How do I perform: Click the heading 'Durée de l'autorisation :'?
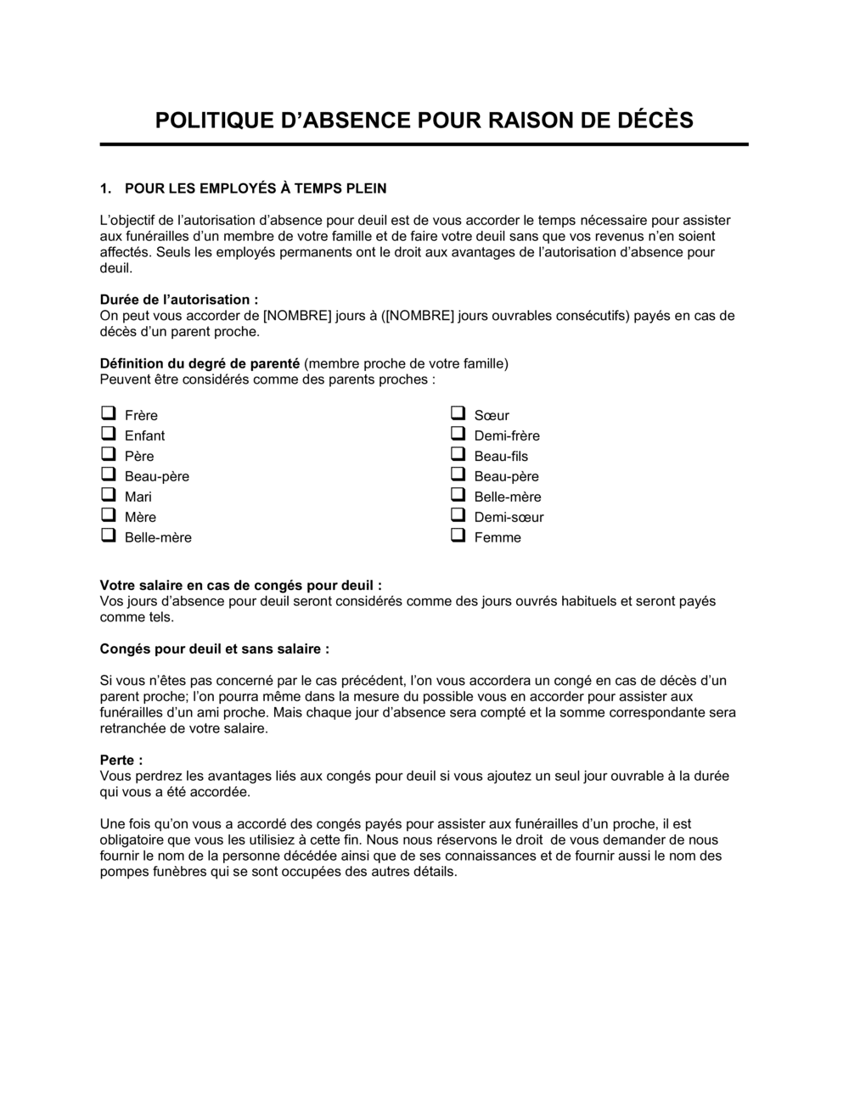tap(179, 300)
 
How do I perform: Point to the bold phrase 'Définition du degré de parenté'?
tap(200, 363)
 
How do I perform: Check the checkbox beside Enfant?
tap(108, 434)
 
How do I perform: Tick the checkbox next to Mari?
tap(108, 495)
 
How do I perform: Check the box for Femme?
tap(458, 536)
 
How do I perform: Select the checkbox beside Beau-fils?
tap(458, 454)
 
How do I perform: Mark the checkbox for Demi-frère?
tap(458, 434)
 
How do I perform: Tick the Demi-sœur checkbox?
tap(458, 515)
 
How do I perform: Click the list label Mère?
tap(140, 517)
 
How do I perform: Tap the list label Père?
tap(139, 456)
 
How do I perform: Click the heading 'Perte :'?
tap(121, 760)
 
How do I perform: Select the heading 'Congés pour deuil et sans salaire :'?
tap(214, 649)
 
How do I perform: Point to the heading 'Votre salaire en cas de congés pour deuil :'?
tap(240, 585)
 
